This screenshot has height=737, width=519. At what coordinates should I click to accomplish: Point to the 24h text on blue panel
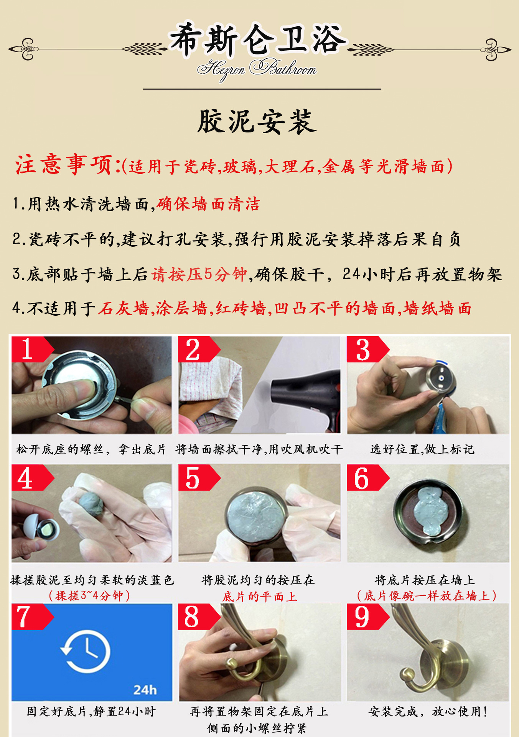145,690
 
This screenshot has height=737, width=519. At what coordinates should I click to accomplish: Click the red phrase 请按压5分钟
199,274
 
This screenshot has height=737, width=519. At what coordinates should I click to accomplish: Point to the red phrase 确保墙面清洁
208,204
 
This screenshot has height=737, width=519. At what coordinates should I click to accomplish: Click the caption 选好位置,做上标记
422,449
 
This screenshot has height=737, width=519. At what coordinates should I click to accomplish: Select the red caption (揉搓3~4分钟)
90,596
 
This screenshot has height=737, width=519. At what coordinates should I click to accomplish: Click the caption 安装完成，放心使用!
428,712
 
